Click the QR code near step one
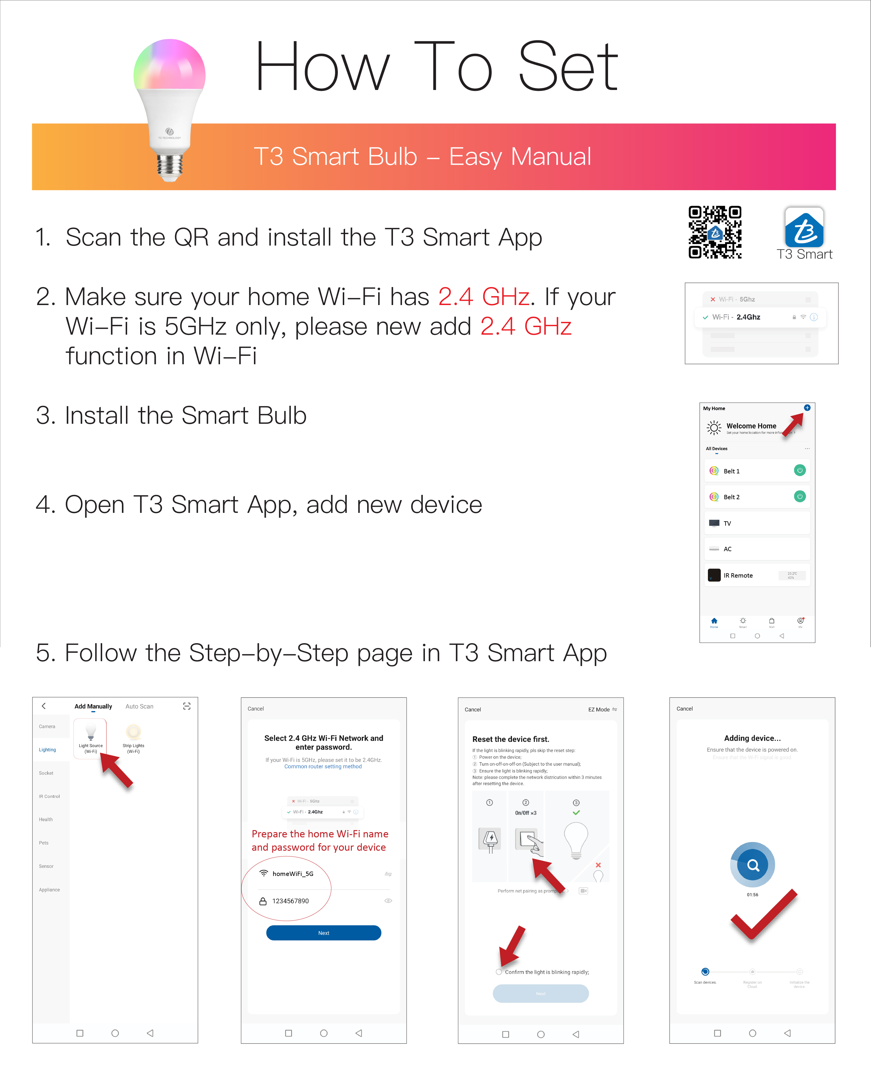pos(715,232)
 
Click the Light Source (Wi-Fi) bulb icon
pos(90,732)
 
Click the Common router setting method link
pos(323,767)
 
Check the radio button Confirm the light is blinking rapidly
pos(499,972)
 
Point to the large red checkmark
pos(763,915)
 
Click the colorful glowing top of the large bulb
pos(169,65)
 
